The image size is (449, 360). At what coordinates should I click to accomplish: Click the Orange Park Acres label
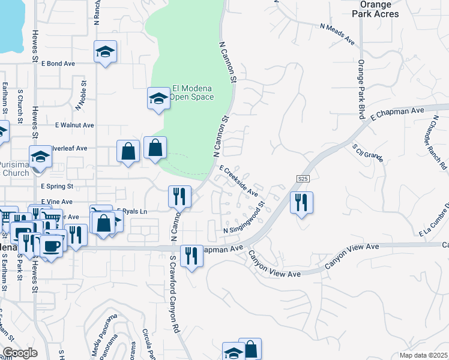pyautogui.click(x=379, y=9)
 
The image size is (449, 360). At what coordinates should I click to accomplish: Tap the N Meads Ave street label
pyautogui.click(x=337, y=35)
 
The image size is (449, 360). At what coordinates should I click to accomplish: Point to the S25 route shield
pyautogui.click(x=303, y=179)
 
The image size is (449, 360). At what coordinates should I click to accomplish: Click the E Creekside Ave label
pyautogui.click(x=238, y=181)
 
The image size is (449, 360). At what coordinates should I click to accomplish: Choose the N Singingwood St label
pyautogui.click(x=245, y=219)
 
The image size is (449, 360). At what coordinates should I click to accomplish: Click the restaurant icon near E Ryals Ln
pyautogui.click(x=179, y=196)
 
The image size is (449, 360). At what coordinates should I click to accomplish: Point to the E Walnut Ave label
pyautogui.click(x=74, y=125)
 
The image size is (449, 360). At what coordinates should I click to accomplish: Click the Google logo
pyautogui.click(x=20, y=353)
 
